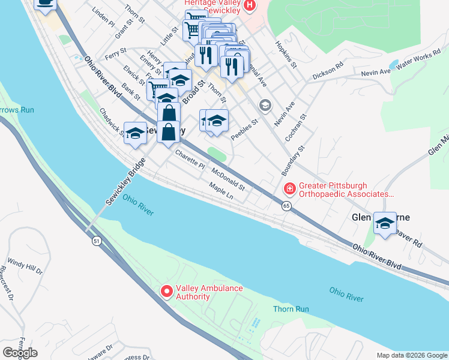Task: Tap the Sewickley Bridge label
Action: click(x=127, y=182)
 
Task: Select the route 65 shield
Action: click(x=286, y=206)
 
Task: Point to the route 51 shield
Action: click(x=96, y=241)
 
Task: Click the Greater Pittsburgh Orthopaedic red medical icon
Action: click(x=289, y=190)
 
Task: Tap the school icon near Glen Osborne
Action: click(x=385, y=224)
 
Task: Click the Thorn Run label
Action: click(x=291, y=309)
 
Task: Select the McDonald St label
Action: click(x=228, y=178)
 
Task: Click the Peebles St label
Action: click(x=244, y=129)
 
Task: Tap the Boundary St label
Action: click(x=294, y=160)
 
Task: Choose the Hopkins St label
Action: click(x=286, y=55)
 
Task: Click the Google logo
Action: click(x=20, y=353)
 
